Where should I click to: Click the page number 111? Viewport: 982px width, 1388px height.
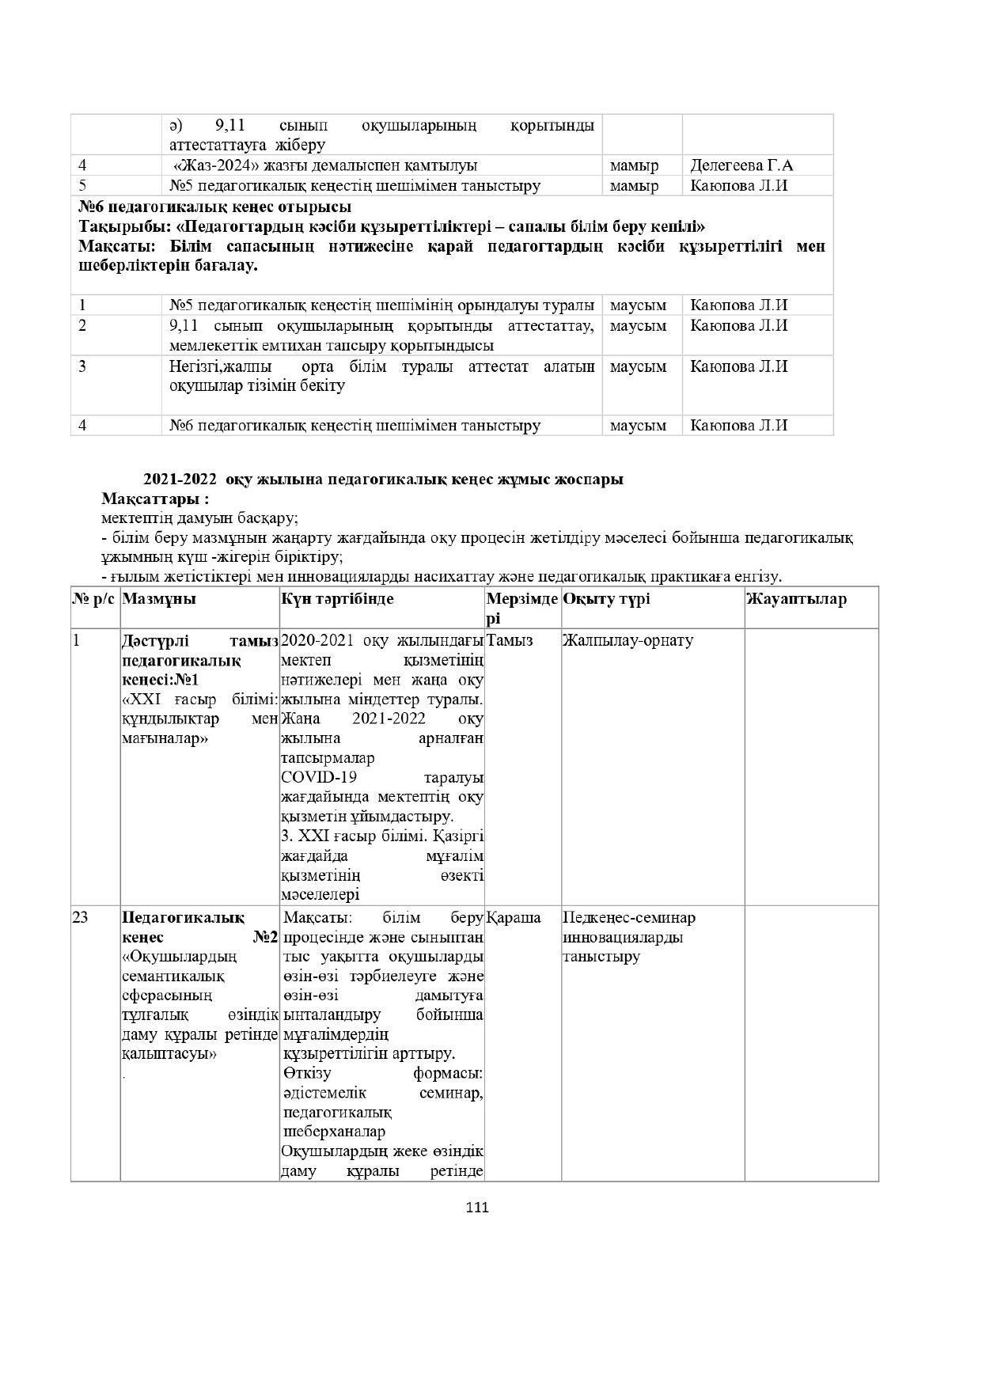pos(477,1208)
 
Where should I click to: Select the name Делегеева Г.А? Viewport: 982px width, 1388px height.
pos(741,165)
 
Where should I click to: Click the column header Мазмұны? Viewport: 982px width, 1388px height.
pos(159,599)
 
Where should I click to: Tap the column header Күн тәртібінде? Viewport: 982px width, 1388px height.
pos(336,599)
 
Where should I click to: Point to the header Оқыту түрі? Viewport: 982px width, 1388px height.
pos(606,599)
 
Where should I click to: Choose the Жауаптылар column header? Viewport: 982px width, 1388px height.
pos(796,599)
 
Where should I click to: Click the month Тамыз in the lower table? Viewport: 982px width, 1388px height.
pos(510,640)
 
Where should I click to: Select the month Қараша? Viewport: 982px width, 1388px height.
pos(514,918)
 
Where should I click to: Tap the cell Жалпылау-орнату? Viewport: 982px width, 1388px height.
pos(627,640)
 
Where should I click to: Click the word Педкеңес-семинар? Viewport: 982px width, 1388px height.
pos(629,918)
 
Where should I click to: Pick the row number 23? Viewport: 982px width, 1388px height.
pos(81,918)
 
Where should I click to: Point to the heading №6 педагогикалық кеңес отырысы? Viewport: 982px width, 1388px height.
pos(215,207)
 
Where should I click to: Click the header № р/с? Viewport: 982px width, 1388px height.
pos(95,599)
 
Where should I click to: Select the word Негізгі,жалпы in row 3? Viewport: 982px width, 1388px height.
pos(220,366)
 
